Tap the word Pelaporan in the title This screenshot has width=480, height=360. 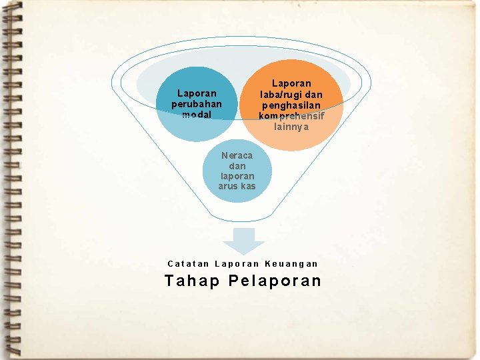point(275,281)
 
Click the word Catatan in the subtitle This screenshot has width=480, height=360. point(187,264)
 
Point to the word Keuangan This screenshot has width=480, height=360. point(292,264)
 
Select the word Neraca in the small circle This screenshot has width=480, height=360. point(237,155)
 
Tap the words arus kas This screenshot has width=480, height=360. point(237,186)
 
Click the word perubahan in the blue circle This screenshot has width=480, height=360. point(197,104)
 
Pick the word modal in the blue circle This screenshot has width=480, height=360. point(197,114)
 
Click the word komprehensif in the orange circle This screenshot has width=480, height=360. point(291,116)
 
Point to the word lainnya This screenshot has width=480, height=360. point(291,127)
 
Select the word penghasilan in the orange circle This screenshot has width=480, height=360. point(291,105)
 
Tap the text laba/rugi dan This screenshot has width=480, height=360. point(291,95)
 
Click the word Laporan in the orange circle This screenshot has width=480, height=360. point(291,84)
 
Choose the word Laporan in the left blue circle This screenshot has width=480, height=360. point(197,93)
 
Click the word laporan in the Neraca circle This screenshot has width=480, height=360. point(237,176)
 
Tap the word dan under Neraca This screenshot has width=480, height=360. point(237,166)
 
